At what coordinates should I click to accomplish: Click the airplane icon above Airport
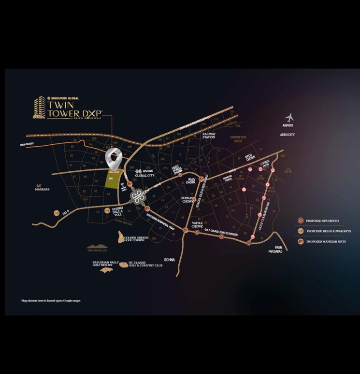[289, 118]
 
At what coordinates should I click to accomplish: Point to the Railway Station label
[209, 135]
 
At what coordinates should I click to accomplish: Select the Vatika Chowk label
[197, 224]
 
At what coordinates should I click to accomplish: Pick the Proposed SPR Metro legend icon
[301, 221]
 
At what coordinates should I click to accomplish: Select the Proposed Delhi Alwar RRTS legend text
[325, 231]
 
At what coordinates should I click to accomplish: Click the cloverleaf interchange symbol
[137, 197]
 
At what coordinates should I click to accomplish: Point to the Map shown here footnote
[51, 301]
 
